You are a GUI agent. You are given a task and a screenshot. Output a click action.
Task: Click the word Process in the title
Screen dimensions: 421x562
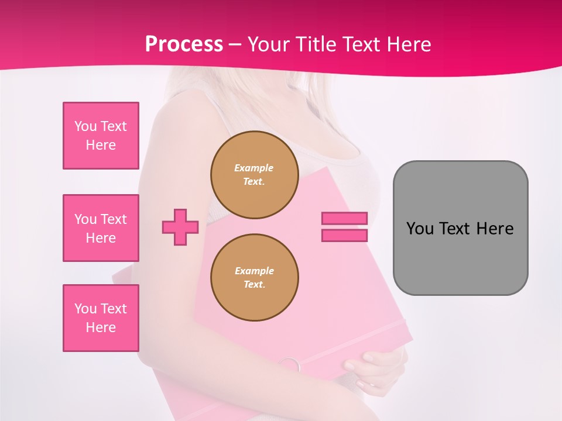coord(184,44)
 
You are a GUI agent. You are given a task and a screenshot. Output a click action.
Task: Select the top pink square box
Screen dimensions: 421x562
coord(101,136)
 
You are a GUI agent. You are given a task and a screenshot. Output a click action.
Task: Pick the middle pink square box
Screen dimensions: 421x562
coord(101,228)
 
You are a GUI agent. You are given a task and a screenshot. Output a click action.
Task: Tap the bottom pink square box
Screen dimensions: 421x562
coord(101,318)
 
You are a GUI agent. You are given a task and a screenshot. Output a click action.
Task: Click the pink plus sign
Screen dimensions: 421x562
coord(180,227)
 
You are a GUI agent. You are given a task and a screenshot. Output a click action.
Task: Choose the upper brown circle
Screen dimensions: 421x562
coord(254,175)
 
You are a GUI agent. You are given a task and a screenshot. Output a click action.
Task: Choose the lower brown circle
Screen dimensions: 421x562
coord(254,278)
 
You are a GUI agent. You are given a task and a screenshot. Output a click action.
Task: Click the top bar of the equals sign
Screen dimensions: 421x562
coord(344,218)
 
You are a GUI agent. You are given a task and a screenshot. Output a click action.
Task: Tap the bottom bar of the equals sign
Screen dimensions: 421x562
coord(344,235)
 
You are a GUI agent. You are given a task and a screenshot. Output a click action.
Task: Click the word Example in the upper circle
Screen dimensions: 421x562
coord(254,168)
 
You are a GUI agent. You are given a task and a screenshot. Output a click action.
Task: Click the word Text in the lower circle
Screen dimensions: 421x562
coord(254,285)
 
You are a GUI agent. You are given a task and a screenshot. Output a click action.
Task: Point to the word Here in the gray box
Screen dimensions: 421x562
coord(495,229)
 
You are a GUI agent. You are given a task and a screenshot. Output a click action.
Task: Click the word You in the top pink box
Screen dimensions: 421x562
coord(85,126)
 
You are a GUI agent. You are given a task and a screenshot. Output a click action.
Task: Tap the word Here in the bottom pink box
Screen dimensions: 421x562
coord(101,327)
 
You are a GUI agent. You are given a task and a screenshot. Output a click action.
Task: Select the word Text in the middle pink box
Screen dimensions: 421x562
coord(114,219)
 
